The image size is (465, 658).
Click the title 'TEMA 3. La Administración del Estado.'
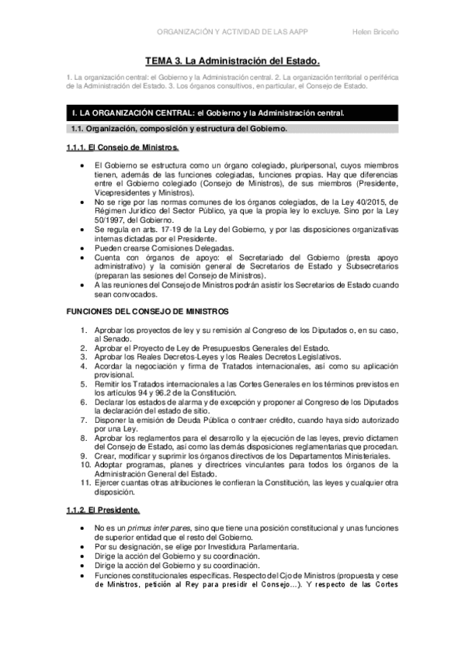232,60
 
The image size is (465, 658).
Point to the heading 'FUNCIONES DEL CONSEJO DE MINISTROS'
147,310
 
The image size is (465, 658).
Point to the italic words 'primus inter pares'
158,528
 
